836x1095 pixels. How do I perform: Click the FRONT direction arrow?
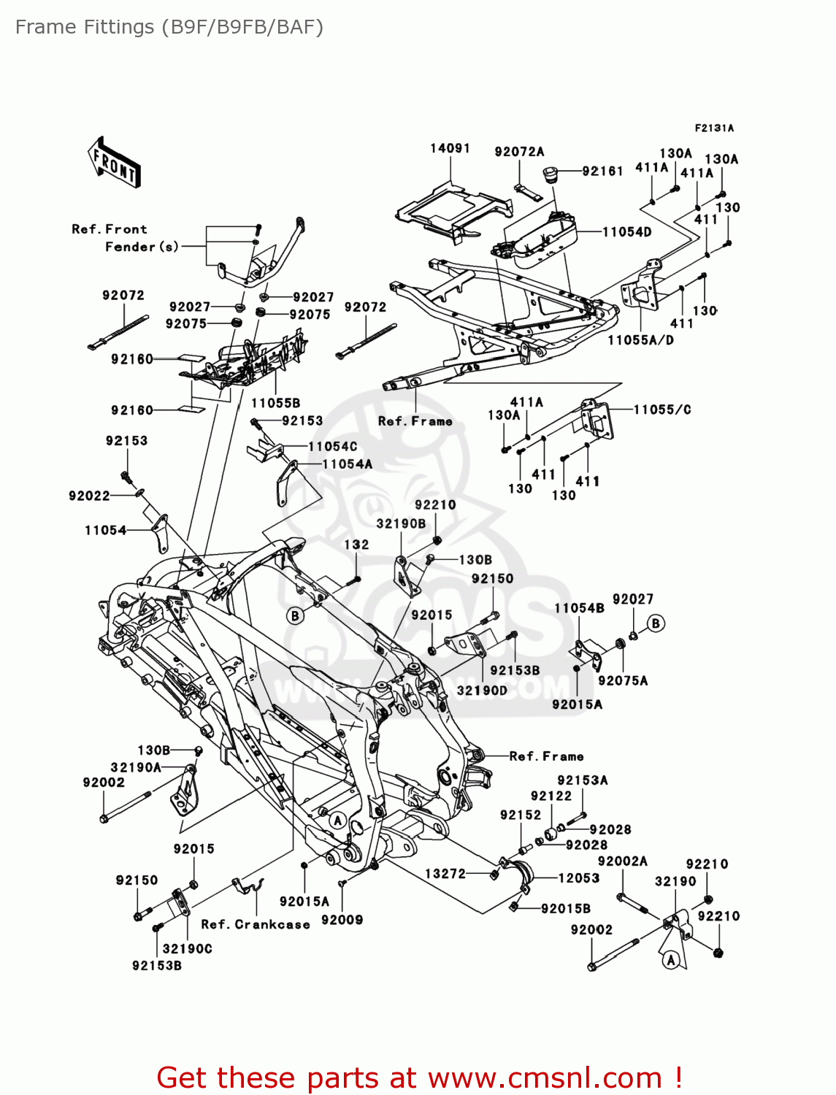click(x=114, y=162)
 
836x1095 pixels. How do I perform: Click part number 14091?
click(x=450, y=148)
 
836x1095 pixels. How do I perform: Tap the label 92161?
click(x=602, y=171)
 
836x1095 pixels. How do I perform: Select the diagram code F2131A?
click(x=714, y=128)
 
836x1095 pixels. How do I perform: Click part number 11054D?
click(x=626, y=231)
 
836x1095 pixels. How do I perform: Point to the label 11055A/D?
click(x=641, y=340)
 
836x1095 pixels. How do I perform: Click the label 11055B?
click(x=276, y=403)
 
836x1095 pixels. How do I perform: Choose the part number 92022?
click(x=89, y=496)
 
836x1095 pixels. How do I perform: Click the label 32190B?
click(x=401, y=523)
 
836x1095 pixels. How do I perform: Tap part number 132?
click(x=356, y=545)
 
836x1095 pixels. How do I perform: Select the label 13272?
click(x=445, y=873)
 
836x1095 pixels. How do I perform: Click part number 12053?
click(x=579, y=878)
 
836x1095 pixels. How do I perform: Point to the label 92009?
click(x=342, y=920)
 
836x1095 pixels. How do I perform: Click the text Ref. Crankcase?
click(x=256, y=924)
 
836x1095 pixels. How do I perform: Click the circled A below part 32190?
click(x=672, y=960)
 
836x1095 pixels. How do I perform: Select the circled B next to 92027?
click(x=656, y=623)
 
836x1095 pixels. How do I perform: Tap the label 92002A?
click(x=622, y=861)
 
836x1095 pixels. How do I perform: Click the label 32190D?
click(x=482, y=690)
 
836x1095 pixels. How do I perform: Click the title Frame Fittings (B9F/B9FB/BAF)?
click(x=169, y=27)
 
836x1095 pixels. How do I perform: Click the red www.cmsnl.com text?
click(x=544, y=1078)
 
